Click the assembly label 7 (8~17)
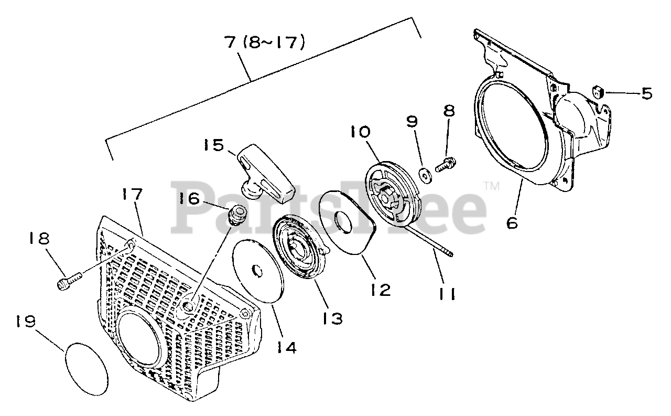[x=265, y=42]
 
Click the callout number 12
[x=378, y=290]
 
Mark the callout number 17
[x=132, y=195]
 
